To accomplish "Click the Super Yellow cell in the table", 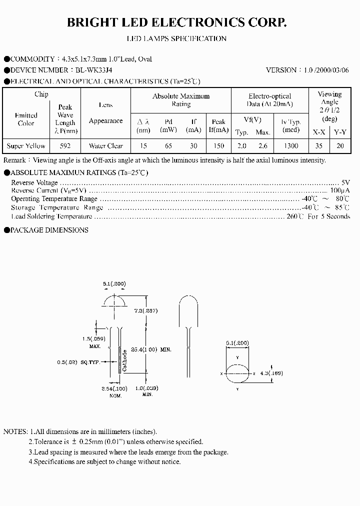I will (26, 146).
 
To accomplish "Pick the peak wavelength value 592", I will (65, 146).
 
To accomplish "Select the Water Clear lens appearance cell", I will (105, 146).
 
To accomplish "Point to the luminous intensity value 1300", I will (290, 146).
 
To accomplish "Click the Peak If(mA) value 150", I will (218, 146).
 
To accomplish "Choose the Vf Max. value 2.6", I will (263, 146).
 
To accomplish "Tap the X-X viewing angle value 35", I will (319, 146).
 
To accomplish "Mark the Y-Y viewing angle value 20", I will (340, 146).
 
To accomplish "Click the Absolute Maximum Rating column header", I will (181, 100).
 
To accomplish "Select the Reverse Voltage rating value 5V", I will (345, 183).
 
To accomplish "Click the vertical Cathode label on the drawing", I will (124, 360).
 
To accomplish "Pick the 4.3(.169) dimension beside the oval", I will (271, 373).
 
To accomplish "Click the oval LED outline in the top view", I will (237, 373).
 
